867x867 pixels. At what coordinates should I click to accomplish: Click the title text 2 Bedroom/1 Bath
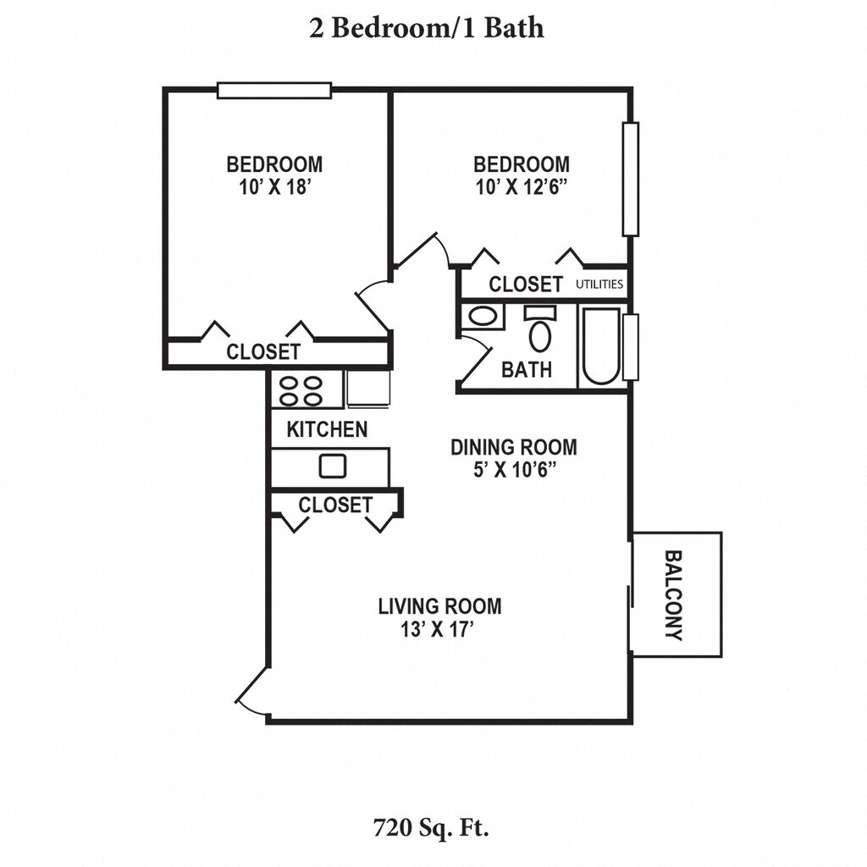click(x=424, y=28)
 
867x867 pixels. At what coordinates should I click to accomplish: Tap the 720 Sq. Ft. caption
click(x=431, y=826)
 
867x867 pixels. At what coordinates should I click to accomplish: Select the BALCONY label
click(x=675, y=594)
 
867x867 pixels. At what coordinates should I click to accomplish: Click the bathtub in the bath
click(x=600, y=347)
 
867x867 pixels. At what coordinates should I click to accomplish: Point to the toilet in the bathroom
click(x=539, y=330)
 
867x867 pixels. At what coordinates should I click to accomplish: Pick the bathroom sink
click(x=483, y=318)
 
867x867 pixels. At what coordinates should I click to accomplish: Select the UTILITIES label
click(x=600, y=284)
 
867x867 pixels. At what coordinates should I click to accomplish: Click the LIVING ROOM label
click(x=439, y=606)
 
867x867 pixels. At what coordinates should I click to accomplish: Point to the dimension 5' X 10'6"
click(x=514, y=470)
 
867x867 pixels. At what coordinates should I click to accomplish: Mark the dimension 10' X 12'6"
click(x=521, y=187)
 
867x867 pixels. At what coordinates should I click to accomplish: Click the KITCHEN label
click(x=327, y=429)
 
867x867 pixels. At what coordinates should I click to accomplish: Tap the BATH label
click(x=527, y=369)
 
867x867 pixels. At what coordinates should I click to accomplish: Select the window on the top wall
click(x=273, y=91)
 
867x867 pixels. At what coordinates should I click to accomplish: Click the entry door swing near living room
click(x=252, y=690)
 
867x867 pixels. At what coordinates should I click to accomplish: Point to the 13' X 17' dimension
click(x=439, y=630)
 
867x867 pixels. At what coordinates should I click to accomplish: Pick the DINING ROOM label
click(x=514, y=446)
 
